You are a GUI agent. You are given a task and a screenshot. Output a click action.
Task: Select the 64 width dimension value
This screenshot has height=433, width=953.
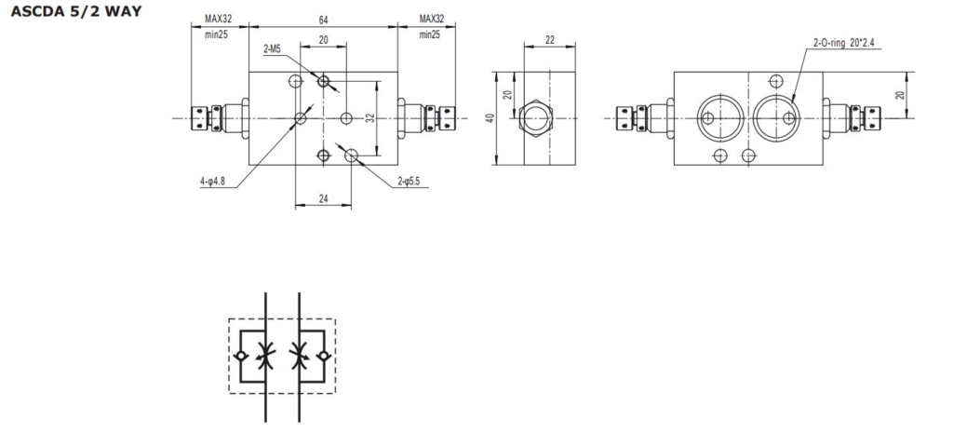(x=323, y=19)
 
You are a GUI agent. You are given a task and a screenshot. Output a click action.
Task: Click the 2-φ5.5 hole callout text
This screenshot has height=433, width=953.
(x=410, y=182)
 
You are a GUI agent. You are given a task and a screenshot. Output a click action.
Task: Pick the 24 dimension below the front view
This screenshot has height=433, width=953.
(x=323, y=198)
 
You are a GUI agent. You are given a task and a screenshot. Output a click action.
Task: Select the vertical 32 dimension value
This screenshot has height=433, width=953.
(x=369, y=118)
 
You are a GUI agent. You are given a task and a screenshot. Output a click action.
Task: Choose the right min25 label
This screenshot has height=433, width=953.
(x=429, y=34)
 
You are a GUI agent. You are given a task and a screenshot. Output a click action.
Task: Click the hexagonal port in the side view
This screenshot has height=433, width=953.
(x=536, y=117)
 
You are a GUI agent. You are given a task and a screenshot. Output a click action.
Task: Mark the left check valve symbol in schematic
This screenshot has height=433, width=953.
(x=241, y=357)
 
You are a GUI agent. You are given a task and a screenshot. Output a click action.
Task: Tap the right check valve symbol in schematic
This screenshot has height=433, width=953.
(x=324, y=357)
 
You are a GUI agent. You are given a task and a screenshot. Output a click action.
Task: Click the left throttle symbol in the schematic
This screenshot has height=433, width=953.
(x=266, y=355)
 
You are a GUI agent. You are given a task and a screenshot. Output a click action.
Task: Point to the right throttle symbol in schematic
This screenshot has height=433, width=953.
(x=300, y=355)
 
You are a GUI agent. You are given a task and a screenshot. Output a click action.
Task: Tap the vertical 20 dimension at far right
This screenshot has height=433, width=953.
(x=899, y=94)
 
